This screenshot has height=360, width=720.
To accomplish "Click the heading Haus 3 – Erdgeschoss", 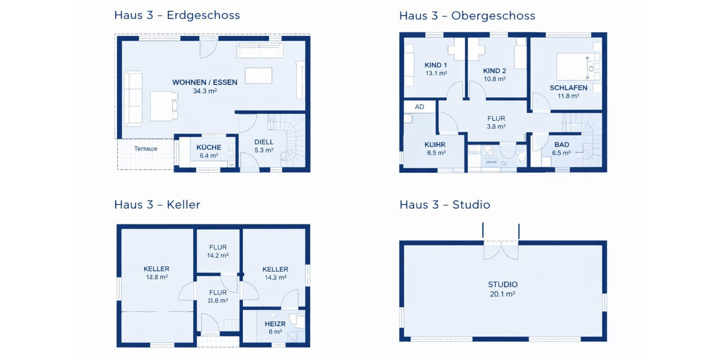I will coord(176,16).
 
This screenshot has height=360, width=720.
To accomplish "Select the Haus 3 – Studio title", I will coord(445,205).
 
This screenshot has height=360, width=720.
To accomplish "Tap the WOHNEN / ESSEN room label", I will coord(205,82).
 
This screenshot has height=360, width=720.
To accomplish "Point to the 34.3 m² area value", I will coord(205,92).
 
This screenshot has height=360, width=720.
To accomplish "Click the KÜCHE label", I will coord(209,147).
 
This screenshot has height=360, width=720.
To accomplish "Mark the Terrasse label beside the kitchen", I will coord(146,148).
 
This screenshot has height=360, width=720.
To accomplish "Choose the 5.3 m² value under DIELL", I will coord(263,151).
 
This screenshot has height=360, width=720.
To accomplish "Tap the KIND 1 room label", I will coord(436,65).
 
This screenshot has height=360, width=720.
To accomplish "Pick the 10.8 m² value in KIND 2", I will coord(494,79).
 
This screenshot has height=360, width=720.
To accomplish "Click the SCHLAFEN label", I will coord(568,88).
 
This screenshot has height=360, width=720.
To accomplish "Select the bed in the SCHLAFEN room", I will coord(574,65).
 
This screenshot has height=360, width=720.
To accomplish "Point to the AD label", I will coord(419,107).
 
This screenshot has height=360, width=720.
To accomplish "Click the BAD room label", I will coord(562,145).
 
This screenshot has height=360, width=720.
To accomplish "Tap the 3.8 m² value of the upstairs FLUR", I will coord(496,127).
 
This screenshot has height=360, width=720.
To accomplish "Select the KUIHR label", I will coord(435,145).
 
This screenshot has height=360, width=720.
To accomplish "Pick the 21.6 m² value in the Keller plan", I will coord(217,301).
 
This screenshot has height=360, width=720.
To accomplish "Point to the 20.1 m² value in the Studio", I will coord(502,294).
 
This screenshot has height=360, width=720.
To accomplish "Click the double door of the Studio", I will coord(501,249).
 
